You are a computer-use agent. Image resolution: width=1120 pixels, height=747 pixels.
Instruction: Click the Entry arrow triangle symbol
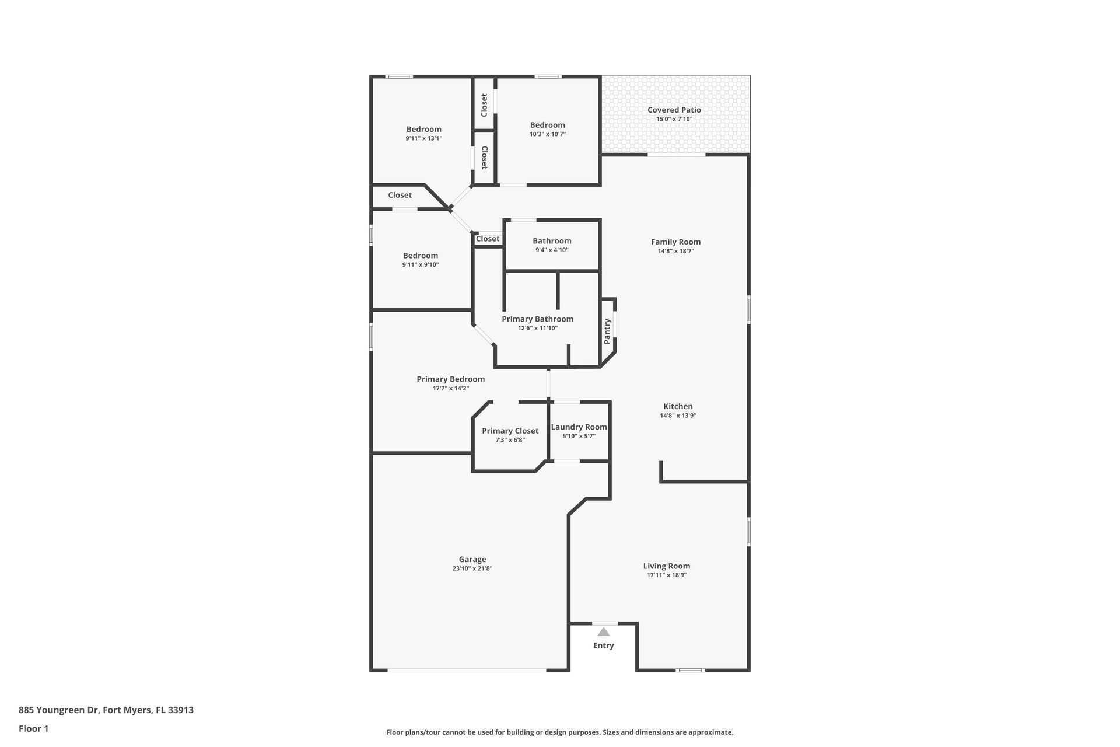tap(604, 632)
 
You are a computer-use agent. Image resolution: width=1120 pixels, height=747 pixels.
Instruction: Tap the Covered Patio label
tap(674, 110)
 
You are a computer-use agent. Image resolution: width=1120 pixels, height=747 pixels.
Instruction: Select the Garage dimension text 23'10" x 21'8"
tap(472, 568)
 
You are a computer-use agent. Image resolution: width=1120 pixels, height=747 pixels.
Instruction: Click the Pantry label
tap(607, 331)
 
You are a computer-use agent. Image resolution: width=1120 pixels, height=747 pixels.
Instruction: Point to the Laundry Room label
tap(579, 427)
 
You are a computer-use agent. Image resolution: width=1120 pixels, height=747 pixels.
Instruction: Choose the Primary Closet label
tap(510, 431)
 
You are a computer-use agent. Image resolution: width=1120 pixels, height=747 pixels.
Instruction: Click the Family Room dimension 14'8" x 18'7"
tap(675, 251)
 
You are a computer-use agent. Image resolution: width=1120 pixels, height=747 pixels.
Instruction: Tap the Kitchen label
tap(678, 407)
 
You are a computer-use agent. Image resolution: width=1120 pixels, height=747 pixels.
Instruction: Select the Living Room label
tap(666, 566)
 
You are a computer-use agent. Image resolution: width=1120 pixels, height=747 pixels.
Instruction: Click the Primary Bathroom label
tap(537, 319)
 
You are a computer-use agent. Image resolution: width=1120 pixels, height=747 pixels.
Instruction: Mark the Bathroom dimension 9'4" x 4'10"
tap(552, 250)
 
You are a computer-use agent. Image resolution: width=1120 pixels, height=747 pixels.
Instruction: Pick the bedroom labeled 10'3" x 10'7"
tap(547, 125)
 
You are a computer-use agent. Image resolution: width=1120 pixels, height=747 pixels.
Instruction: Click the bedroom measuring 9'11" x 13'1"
tap(423, 130)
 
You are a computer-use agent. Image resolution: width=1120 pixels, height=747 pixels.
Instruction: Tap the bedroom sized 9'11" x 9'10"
tap(420, 256)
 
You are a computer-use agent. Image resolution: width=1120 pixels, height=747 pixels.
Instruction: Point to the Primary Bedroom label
tap(450, 379)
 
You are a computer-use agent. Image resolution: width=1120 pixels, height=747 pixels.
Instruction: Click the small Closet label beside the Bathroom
tap(488, 239)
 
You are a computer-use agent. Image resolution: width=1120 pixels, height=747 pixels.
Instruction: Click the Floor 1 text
tap(33, 729)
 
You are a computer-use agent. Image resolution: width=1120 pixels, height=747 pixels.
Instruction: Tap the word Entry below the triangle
tap(603, 645)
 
